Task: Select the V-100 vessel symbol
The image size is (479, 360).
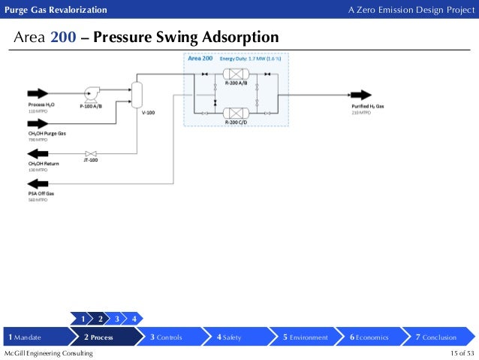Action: click(x=137, y=92)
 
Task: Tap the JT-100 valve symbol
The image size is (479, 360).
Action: click(x=89, y=153)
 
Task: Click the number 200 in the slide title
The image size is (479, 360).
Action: click(x=64, y=38)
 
